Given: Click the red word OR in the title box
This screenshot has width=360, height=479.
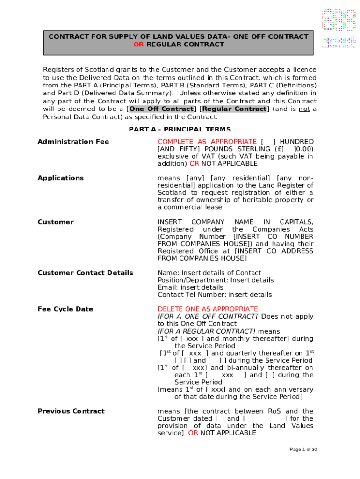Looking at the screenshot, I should pos(139,44).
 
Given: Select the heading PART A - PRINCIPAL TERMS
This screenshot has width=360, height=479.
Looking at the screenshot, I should pos(180,129).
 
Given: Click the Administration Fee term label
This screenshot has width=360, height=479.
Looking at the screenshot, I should pos(73,142).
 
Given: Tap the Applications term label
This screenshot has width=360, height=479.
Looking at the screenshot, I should pos(61,178).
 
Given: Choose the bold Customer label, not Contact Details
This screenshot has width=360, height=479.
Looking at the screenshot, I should pos(56,222).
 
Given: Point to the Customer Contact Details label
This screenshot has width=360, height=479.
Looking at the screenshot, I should pos(85,273).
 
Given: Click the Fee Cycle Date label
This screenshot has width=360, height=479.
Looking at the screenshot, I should pos(65,309).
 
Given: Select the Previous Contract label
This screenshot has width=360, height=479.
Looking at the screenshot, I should pos(71,411).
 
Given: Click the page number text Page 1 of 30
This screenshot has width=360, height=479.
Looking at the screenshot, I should pos(303,450).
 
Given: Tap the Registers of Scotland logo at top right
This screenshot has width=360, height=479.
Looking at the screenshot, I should pos(338,27).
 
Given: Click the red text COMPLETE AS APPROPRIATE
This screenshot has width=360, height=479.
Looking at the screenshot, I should pos(207,142).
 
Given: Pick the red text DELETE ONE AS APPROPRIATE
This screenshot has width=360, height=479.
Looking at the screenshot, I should pos(208,309).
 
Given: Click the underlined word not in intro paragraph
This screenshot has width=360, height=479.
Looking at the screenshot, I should pos(304,109).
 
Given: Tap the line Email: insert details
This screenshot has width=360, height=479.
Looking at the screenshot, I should pos(190,287).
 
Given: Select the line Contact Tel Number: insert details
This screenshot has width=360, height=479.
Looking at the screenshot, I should pos(215,295).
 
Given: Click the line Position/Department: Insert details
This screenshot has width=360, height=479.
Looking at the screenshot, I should pos(216,280).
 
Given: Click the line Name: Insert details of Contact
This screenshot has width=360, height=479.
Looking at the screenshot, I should pos(209,273).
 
